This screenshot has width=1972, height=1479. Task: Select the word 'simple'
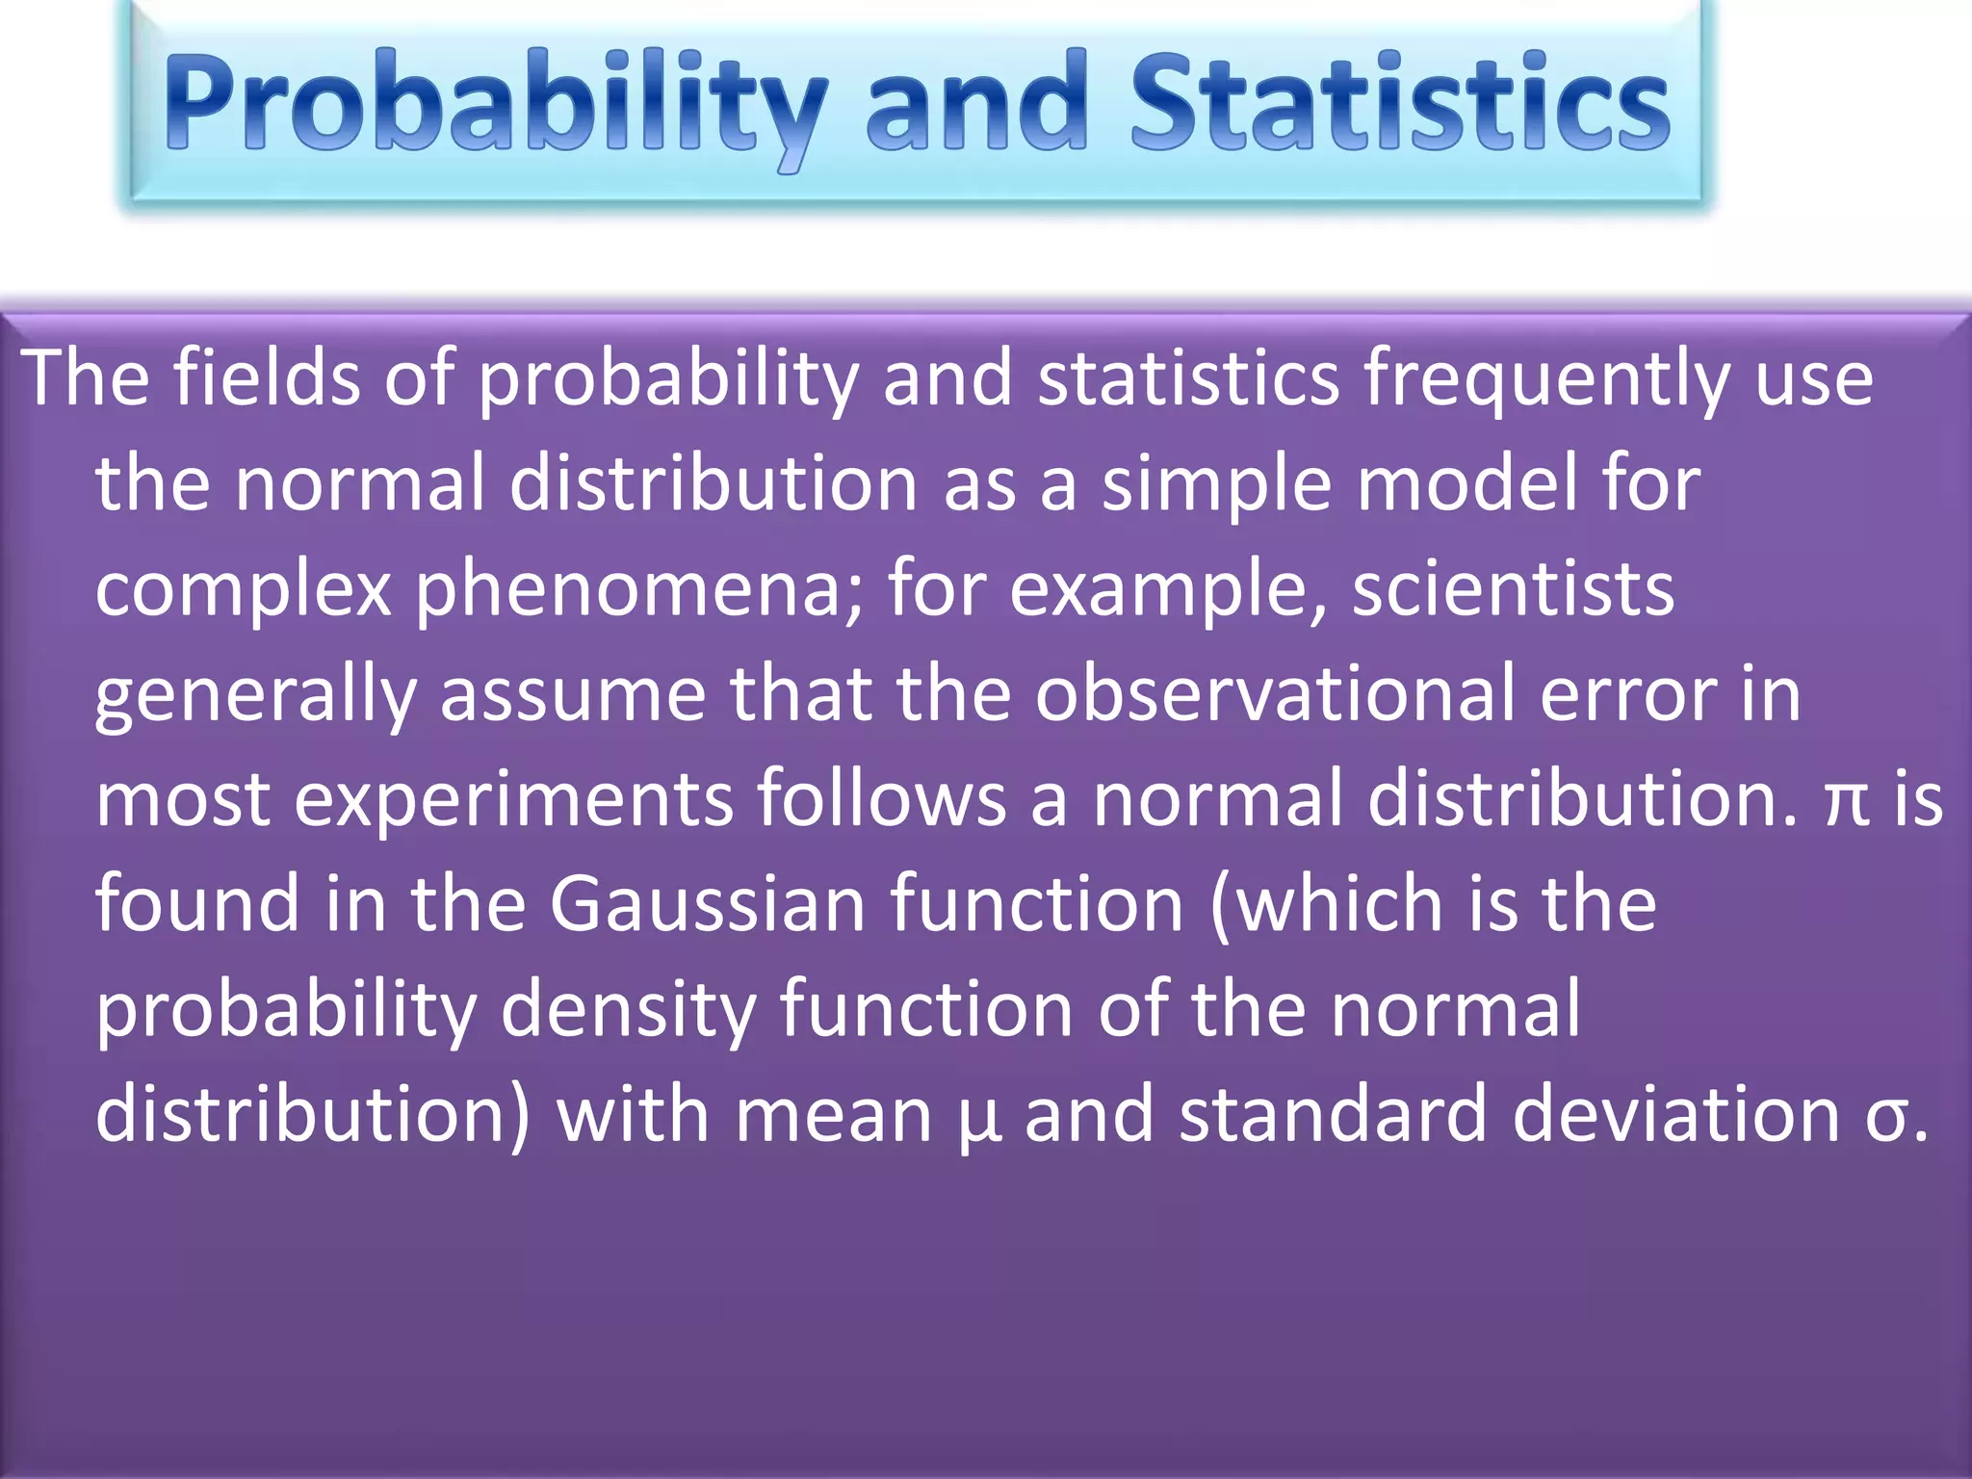pos(1217,484)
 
